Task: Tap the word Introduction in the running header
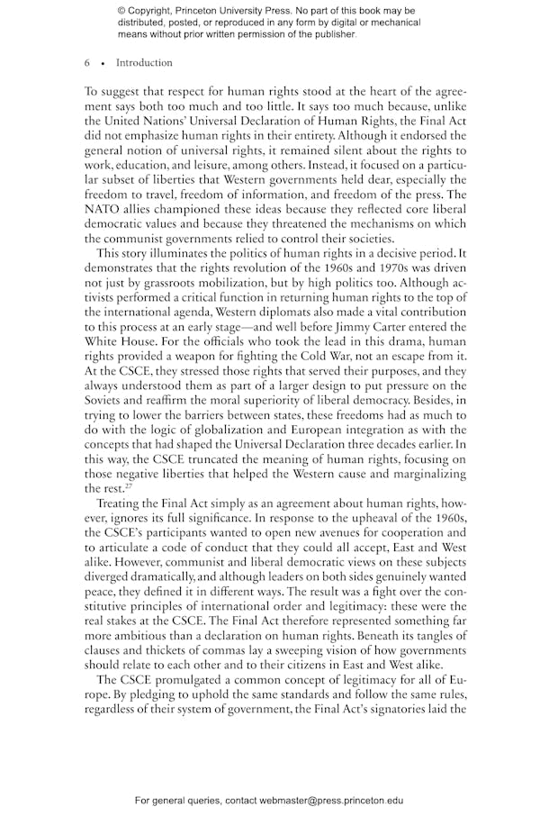144,63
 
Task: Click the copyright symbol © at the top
121,11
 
